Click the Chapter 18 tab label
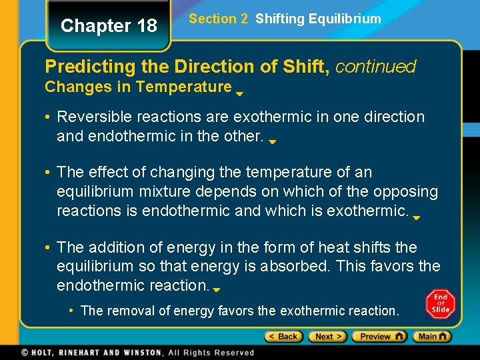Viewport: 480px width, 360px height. (x=109, y=26)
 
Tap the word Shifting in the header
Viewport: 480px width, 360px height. (x=279, y=19)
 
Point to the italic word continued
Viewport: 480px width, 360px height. (x=375, y=67)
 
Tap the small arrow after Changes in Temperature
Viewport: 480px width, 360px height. (x=239, y=94)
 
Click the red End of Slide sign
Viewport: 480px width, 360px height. (x=441, y=305)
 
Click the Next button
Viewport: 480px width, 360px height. (x=329, y=337)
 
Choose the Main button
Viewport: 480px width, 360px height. (x=431, y=337)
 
